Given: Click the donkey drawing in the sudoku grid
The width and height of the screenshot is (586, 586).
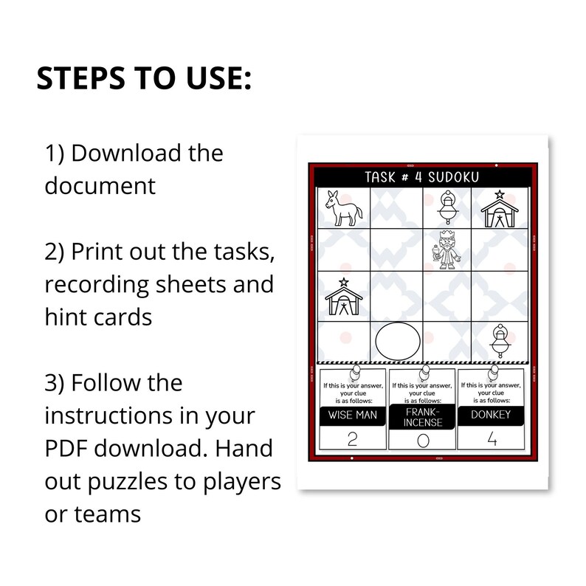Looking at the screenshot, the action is click(x=343, y=209).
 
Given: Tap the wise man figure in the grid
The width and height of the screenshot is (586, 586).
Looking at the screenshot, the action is click(x=446, y=250).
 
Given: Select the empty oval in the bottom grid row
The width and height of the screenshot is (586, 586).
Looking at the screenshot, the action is click(x=398, y=341).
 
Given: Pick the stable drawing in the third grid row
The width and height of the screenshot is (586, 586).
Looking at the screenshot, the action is click(x=343, y=297).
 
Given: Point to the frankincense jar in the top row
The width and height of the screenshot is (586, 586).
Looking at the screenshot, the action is click(x=448, y=207).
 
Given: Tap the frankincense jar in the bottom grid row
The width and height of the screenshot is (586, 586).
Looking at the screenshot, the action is click(x=500, y=341).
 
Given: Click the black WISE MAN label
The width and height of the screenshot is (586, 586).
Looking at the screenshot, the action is click(x=353, y=416).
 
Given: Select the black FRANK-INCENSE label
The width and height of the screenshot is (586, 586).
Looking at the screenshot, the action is click(x=422, y=418).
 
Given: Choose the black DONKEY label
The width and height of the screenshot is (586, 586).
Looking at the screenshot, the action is click(x=491, y=415).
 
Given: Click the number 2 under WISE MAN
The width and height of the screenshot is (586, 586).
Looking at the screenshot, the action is click(x=353, y=439).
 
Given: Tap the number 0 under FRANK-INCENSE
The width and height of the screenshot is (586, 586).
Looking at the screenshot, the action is click(x=423, y=441).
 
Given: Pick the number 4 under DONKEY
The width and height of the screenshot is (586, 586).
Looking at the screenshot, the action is click(x=492, y=438).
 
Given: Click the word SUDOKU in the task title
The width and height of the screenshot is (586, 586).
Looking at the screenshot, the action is click(x=453, y=177).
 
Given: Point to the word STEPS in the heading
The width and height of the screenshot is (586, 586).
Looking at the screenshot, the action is click(x=81, y=78).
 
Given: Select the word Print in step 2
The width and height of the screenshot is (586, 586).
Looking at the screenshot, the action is click(x=97, y=252).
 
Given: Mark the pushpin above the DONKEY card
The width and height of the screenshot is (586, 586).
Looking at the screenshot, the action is click(x=493, y=373).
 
